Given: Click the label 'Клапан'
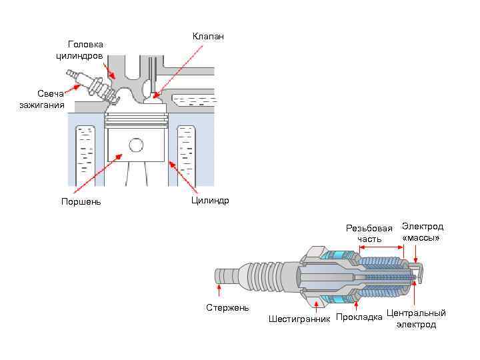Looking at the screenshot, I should [x=208, y=36].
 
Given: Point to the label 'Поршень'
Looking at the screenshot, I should [x=81, y=201].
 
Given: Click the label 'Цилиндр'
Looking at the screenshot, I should [x=209, y=200].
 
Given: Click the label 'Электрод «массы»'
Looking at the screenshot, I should [x=422, y=232].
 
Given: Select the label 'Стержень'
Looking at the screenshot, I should [x=227, y=307].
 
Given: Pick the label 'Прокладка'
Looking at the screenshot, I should [x=359, y=317].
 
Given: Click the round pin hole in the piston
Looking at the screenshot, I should [x=136, y=144].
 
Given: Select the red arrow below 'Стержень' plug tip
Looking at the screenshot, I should [x=219, y=289].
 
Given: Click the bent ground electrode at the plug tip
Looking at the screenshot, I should [x=419, y=270].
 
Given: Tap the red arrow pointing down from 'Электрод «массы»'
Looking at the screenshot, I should [x=415, y=253].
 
